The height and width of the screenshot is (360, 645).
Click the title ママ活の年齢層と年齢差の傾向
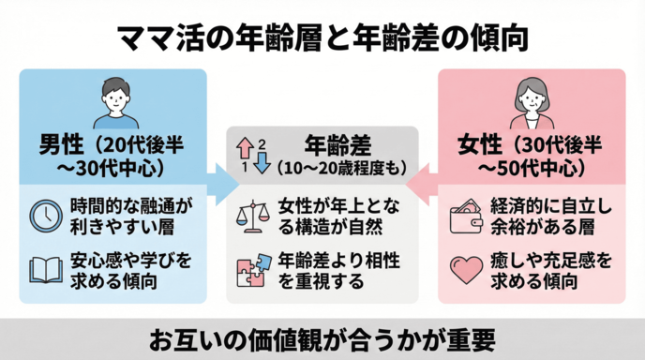point(322,37)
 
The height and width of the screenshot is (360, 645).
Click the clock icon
point(45,216)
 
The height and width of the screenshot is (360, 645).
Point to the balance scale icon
point(254,216)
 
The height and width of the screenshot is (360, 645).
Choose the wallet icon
point(465,216)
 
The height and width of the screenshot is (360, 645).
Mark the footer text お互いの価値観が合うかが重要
point(322,338)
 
